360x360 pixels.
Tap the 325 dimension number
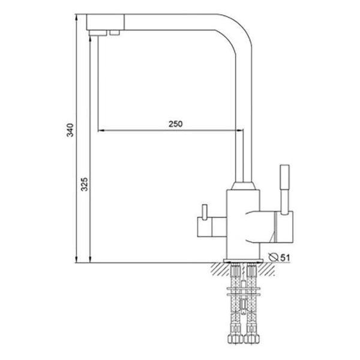point(85,185)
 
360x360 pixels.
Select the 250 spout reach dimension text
point(175,124)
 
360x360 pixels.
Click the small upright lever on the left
point(204,211)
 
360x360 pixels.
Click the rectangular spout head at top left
point(106,23)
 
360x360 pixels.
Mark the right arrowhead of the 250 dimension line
point(239,130)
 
